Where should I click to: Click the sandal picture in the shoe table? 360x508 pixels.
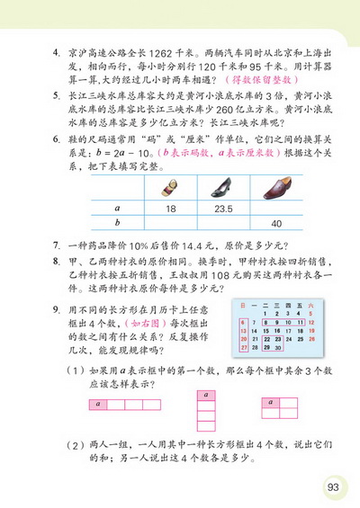170,188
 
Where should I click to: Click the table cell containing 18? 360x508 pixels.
170,207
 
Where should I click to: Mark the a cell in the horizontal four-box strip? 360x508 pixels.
97,405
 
